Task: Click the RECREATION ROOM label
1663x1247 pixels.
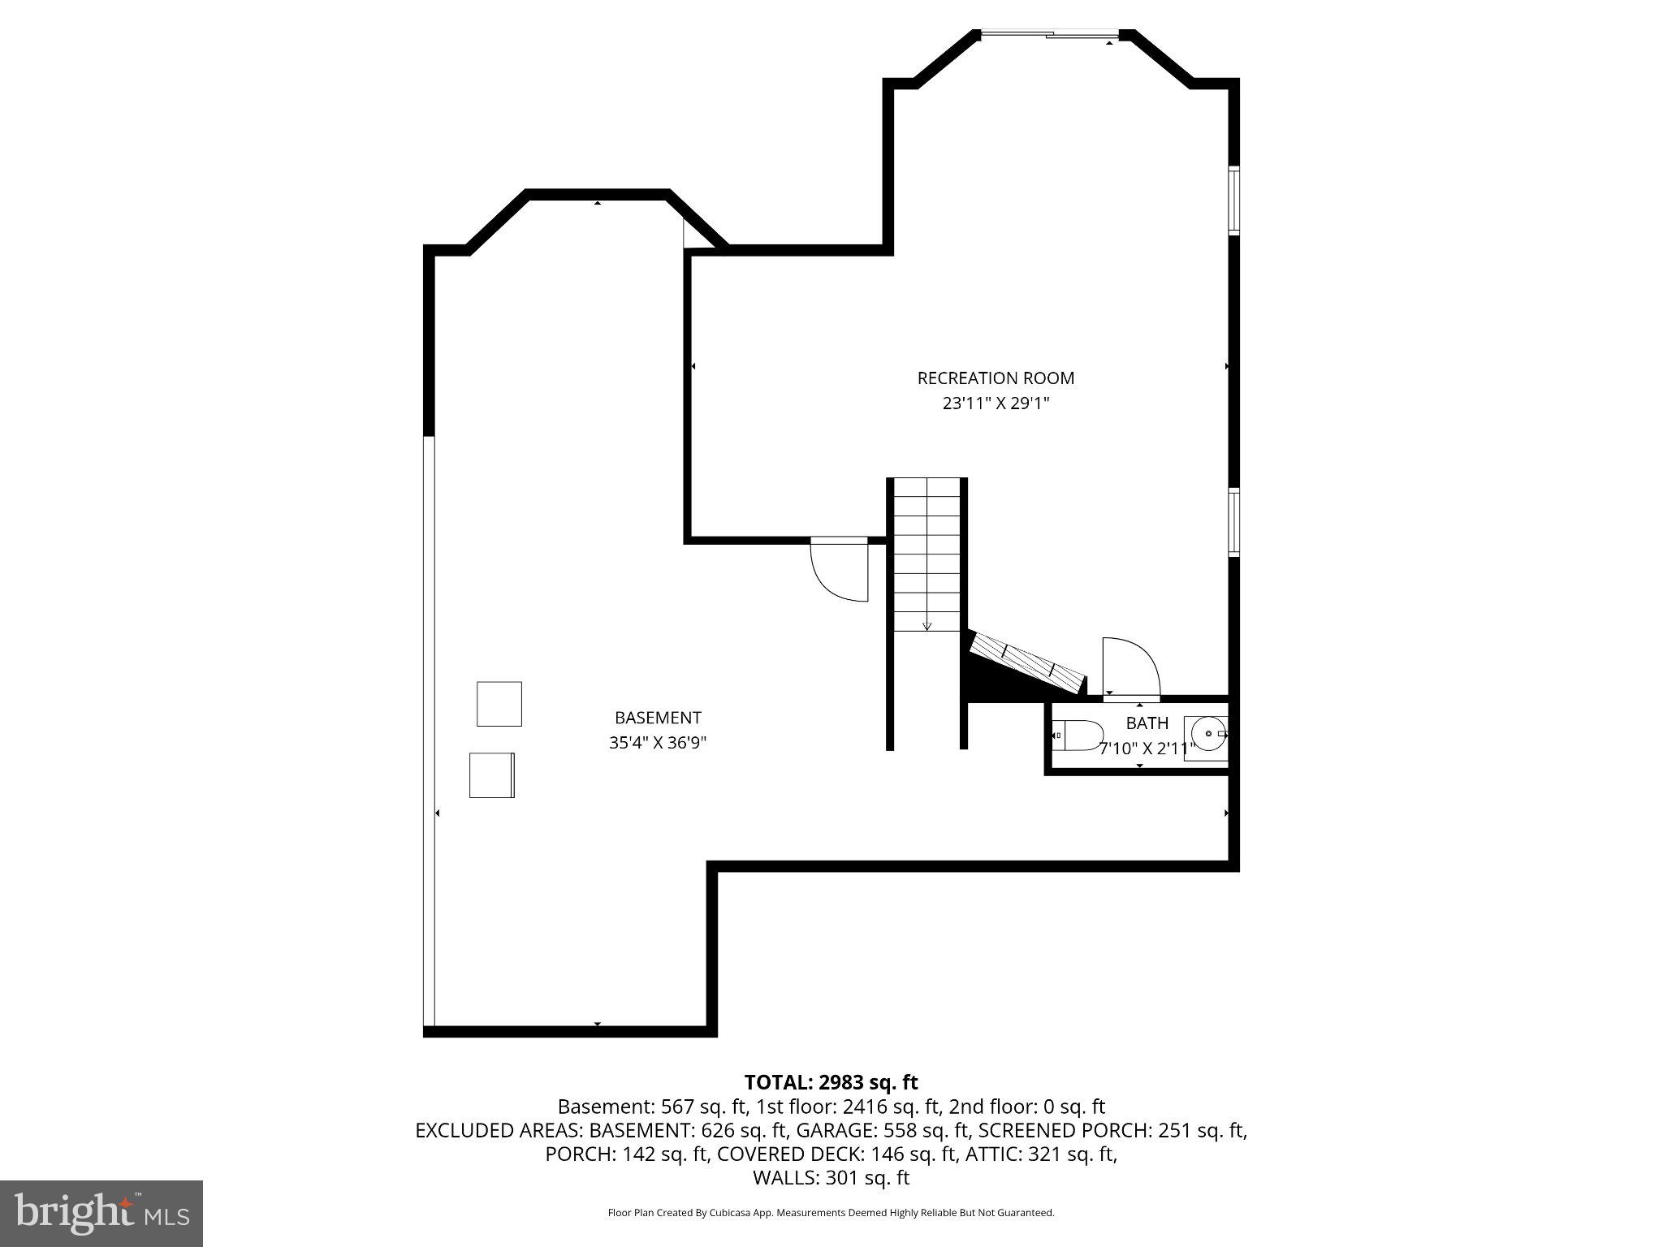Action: [x=996, y=378]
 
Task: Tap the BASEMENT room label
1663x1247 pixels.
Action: [x=658, y=718]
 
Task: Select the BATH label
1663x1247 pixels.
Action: [x=1147, y=723]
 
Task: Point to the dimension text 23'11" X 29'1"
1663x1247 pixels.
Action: [x=996, y=403]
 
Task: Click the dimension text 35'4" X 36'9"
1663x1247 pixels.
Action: [x=658, y=743]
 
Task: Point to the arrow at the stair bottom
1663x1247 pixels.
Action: [x=927, y=624]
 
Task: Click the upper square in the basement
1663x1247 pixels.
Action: [x=499, y=704]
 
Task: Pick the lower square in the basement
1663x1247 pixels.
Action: [x=491, y=775]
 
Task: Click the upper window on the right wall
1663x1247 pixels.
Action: [x=1233, y=200]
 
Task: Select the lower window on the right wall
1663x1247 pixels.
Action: [x=1233, y=522]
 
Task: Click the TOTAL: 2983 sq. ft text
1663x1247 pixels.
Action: [x=831, y=1082]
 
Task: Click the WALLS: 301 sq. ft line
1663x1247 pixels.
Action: [x=831, y=1177]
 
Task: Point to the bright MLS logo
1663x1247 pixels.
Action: [x=102, y=1213]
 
